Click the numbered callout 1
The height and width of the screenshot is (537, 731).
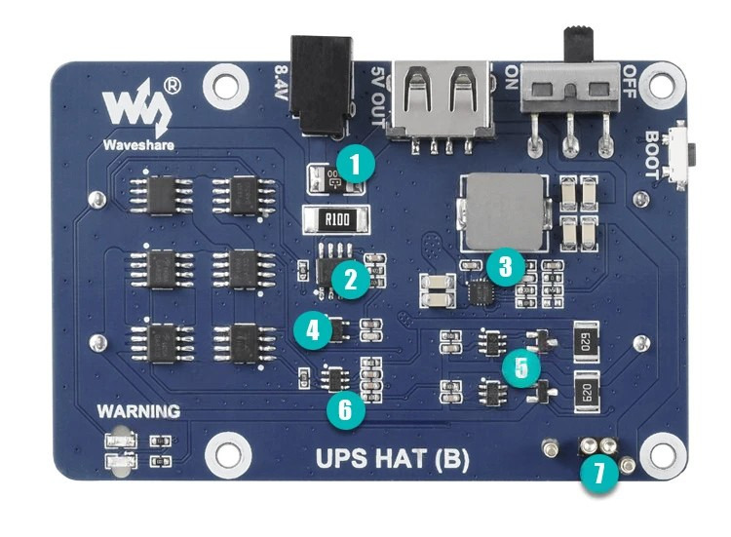355,163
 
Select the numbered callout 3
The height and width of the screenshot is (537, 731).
505,265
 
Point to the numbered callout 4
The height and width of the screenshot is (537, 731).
313,330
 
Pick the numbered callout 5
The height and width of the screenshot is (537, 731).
522,368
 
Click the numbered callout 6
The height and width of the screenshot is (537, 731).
344,410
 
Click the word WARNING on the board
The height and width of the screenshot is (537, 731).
138,411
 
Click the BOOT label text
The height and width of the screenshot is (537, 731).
653,155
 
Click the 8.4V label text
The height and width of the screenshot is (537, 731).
280,86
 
